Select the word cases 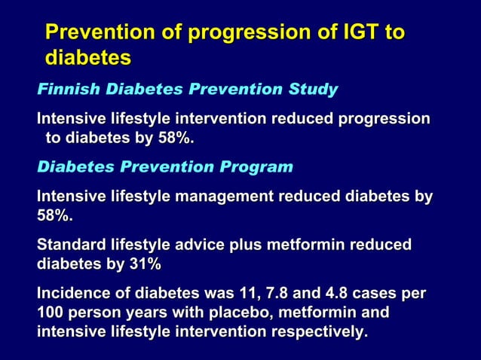pos(387,293)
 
